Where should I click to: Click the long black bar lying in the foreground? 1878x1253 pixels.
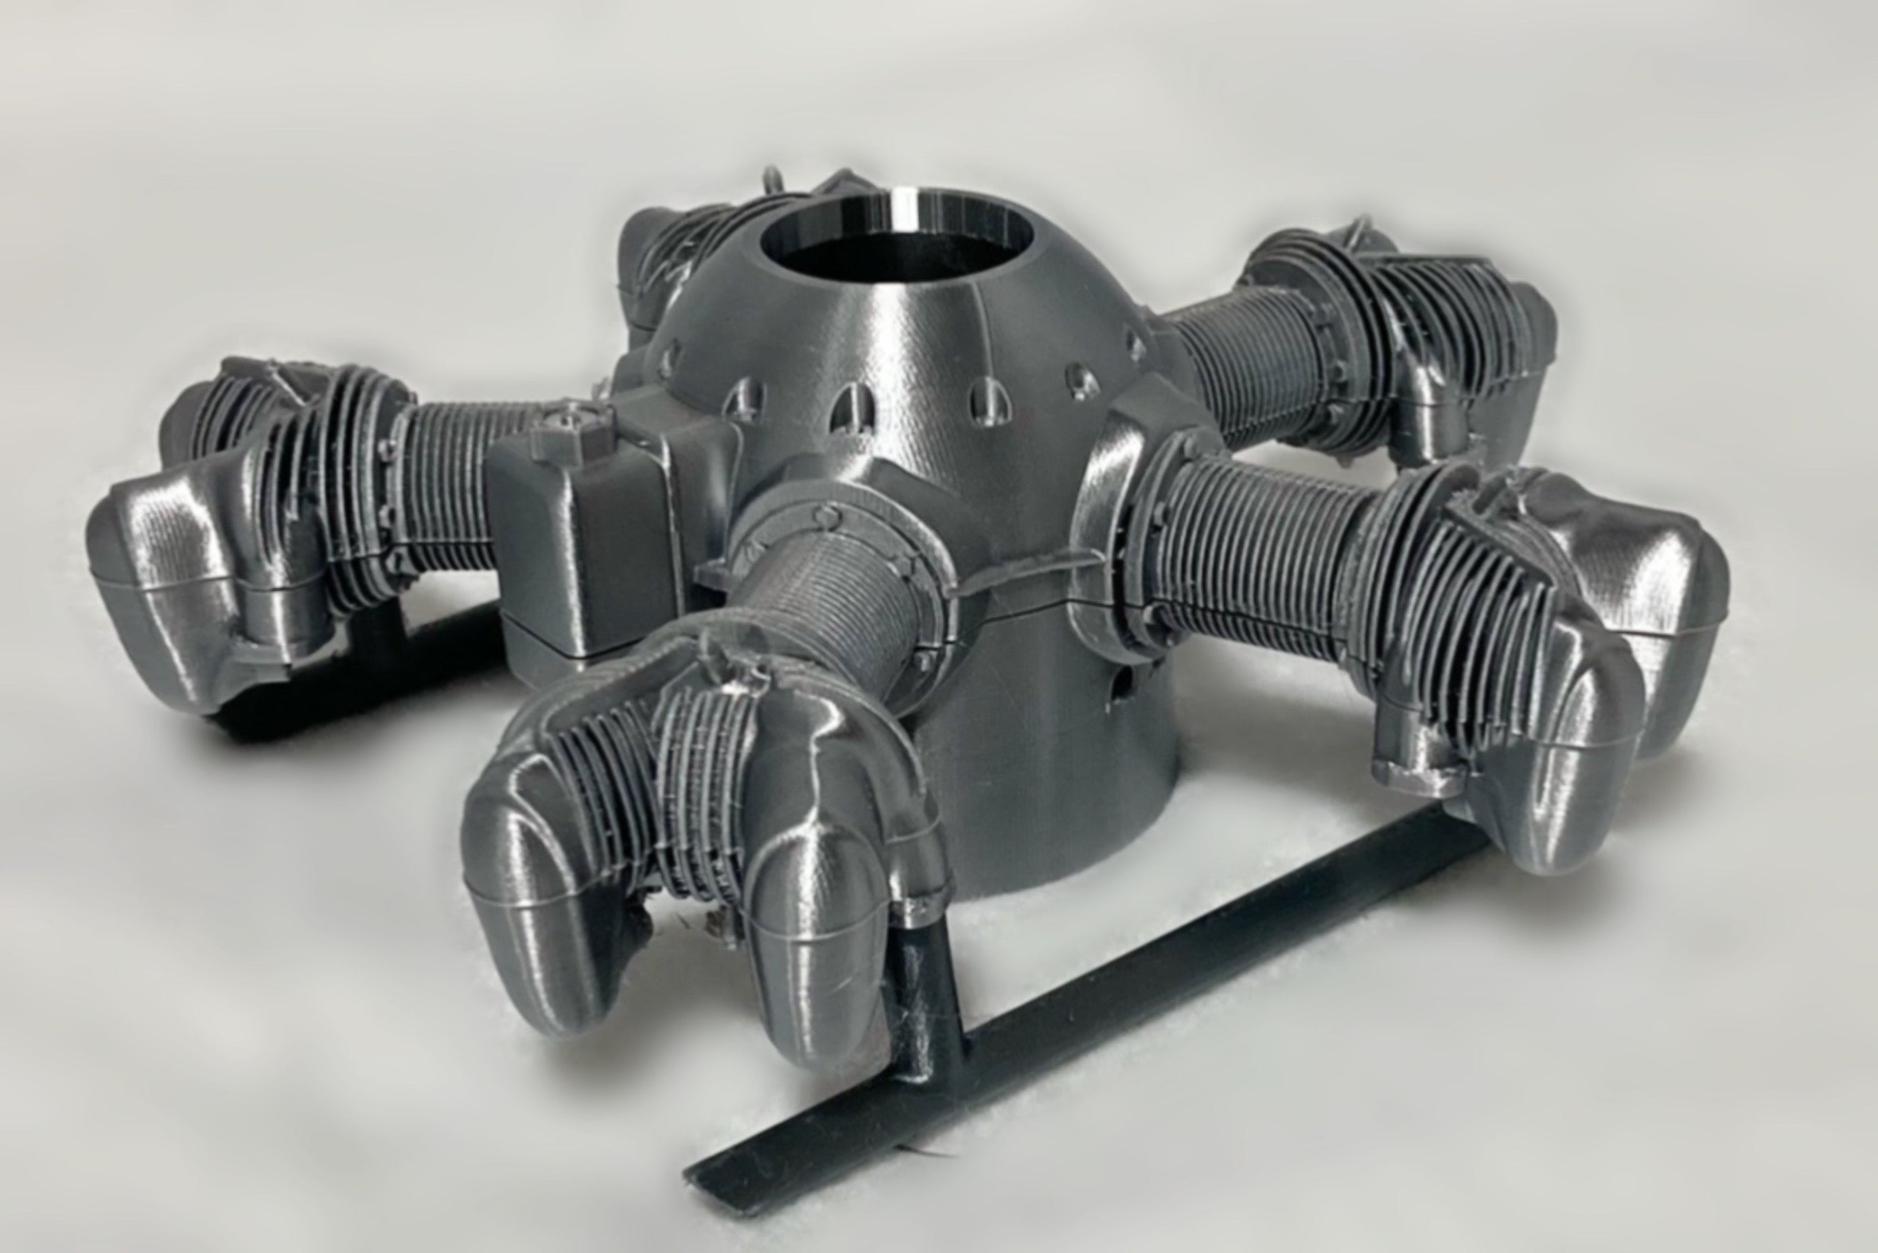(1118, 1031)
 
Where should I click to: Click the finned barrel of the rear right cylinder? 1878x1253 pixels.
(1246, 352)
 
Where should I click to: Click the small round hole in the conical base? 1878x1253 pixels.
(1128, 681)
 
